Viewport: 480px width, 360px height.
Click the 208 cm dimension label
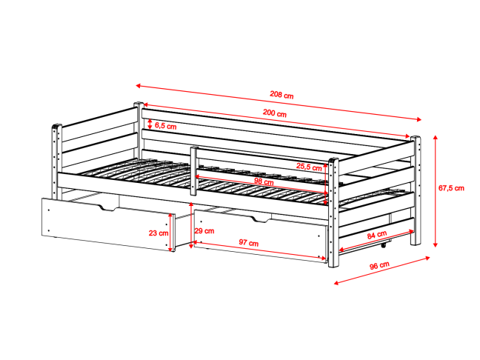281,95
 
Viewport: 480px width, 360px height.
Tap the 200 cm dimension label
275,113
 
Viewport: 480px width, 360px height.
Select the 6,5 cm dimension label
166,126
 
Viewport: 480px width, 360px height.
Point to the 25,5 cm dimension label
309,167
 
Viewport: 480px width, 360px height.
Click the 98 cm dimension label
264,181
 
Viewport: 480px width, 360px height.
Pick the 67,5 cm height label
451,188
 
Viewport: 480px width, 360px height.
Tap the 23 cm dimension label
159,233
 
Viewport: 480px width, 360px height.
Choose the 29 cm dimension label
204,231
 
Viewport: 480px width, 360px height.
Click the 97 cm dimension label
249,243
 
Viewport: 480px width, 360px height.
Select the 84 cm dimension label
377,235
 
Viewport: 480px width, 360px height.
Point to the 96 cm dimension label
379,265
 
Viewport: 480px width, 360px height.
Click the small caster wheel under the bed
383,245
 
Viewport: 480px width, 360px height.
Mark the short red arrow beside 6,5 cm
150,124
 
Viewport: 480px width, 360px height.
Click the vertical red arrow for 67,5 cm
435,190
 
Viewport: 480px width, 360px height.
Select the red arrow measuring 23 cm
170,233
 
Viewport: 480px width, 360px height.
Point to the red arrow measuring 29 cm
192,225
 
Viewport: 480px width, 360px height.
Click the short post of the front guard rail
193,171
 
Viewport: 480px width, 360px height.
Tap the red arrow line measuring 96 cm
381,270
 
